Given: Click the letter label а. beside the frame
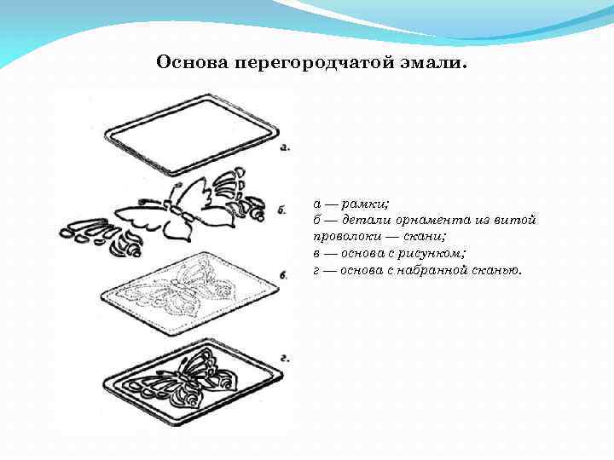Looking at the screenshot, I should click(x=285, y=147).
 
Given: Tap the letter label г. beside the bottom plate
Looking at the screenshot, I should click(x=285, y=360).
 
